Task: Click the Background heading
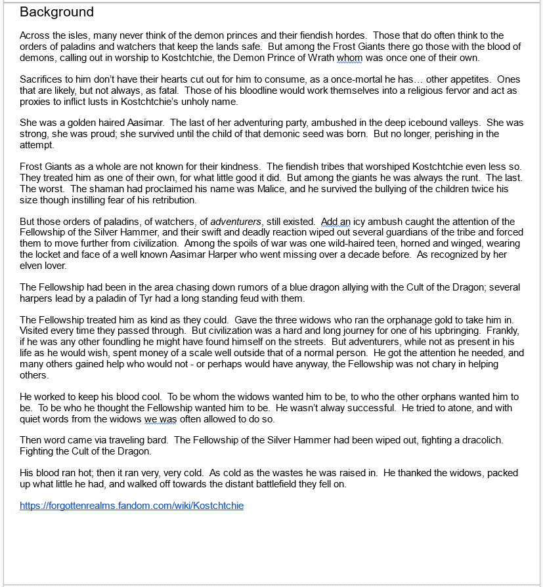56,12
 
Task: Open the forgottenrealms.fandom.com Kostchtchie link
131,506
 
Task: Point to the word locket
74,254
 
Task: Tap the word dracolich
478,441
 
